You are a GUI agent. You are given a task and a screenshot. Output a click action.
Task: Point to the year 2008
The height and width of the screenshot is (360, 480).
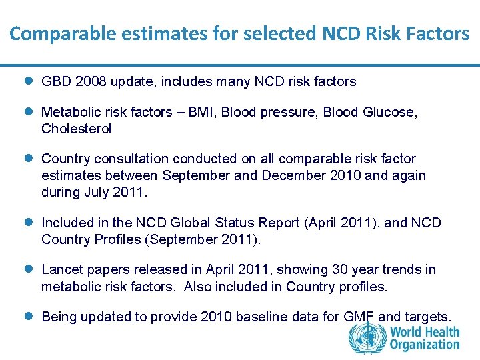pos(88,82)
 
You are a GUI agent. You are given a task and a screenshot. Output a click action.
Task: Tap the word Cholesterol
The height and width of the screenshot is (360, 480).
pos(76,129)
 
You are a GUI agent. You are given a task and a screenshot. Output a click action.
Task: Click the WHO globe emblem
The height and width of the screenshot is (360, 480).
pos(367,337)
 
